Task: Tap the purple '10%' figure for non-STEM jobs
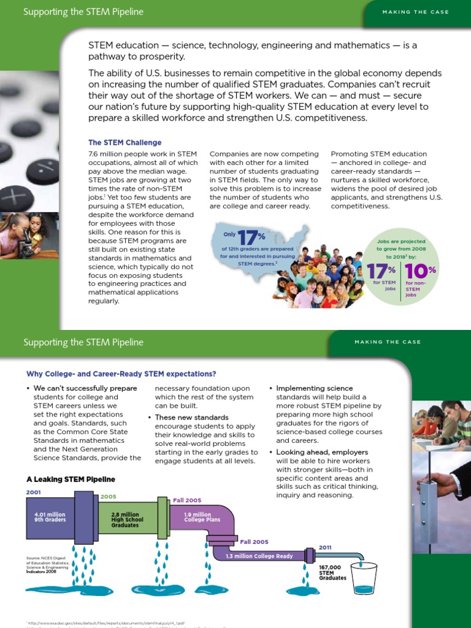tap(420, 270)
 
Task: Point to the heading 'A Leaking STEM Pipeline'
tap(71, 479)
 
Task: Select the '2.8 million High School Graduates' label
tap(125, 520)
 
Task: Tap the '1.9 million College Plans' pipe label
tap(197, 518)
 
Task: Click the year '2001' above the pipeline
tap(33, 492)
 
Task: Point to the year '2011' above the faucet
tap(325, 547)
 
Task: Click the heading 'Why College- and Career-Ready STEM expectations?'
tap(121, 373)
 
